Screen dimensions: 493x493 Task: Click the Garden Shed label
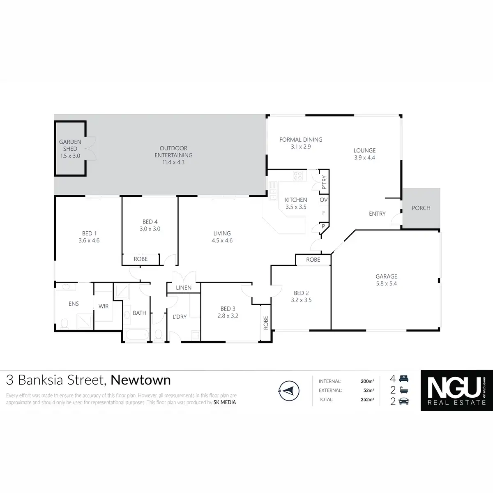(x=70, y=145)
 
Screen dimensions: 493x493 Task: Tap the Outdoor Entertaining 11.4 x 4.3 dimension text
(x=173, y=162)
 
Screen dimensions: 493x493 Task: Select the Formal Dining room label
(x=301, y=140)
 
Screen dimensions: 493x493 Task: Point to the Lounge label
(x=364, y=151)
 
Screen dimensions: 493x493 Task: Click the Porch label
(x=421, y=208)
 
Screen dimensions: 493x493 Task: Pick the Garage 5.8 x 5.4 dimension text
(x=386, y=283)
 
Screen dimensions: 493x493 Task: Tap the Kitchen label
(x=296, y=200)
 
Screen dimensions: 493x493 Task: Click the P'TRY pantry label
(x=324, y=182)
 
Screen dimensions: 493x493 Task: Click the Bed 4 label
(x=150, y=222)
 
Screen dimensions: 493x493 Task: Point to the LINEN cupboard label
(x=184, y=288)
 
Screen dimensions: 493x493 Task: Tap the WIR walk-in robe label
(x=104, y=306)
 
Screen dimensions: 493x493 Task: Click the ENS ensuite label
(x=74, y=304)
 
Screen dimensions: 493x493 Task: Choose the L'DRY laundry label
(x=180, y=317)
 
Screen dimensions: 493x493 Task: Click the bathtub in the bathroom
(x=137, y=335)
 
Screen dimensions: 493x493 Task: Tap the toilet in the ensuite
(x=64, y=324)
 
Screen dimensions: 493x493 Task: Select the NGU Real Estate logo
(x=456, y=390)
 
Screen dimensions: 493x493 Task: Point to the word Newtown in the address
(x=141, y=380)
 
